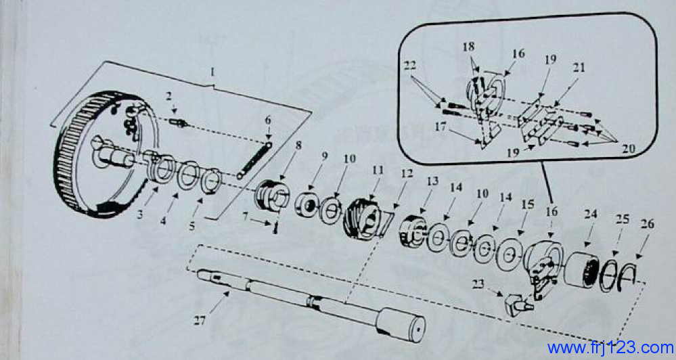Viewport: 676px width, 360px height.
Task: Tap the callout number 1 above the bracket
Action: (212, 72)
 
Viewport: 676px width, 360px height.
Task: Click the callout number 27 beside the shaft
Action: (200, 320)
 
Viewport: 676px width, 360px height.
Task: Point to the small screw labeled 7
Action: (275, 227)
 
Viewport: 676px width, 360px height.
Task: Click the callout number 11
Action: (378, 170)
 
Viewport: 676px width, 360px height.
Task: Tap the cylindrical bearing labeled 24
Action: (581, 270)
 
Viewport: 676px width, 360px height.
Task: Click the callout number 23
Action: (478, 284)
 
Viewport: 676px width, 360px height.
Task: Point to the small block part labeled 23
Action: (518, 305)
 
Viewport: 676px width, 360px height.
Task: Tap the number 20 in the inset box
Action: (629, 149)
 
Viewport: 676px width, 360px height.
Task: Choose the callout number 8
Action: (298, 145)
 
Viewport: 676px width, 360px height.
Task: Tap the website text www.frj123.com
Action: (610, 348)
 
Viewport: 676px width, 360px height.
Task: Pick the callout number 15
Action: (528, 204)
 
